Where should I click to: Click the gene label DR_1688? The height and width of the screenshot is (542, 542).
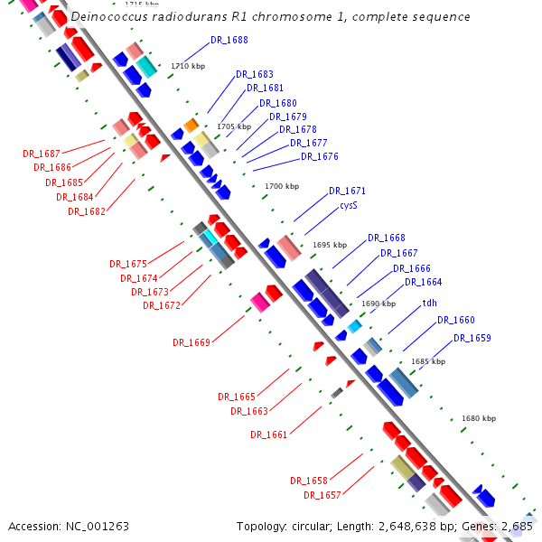tap(229, 41)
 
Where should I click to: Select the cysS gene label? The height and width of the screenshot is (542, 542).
tap(349, 206)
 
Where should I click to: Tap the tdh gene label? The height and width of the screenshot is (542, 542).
tap(429, 303)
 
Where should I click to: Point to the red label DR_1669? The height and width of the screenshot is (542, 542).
tap(191, 342)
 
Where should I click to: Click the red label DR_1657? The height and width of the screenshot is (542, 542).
tap(322, 495)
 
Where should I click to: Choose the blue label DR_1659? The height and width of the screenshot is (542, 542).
tap(472, 338)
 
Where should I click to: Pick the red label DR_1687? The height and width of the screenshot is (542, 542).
tap(41, 154)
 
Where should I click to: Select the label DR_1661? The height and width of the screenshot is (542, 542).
tap(268, 435)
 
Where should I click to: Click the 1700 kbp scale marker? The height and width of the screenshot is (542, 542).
tap(281, 187)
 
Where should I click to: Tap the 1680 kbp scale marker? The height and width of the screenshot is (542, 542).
tap(478, 418)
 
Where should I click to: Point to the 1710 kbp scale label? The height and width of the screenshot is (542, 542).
tap(188, 66)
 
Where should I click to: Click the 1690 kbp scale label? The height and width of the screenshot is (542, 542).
tap(378, 304)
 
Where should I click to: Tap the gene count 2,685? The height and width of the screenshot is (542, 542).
tap(516, 526)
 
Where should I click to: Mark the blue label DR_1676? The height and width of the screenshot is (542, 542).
tap(320, 157)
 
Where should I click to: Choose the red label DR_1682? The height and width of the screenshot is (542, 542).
tap(86, 211)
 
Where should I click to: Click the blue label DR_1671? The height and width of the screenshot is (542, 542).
tap(347, 192)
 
